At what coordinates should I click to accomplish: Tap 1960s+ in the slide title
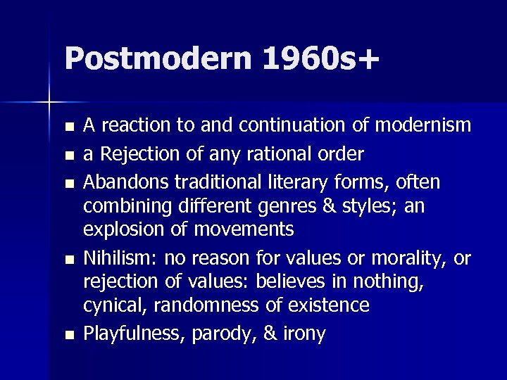(320, 58)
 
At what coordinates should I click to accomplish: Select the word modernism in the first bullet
(423, 125)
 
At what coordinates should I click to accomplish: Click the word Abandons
(124, 182)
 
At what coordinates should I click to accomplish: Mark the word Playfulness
(130, 334)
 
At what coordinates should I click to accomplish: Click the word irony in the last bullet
(303, 334)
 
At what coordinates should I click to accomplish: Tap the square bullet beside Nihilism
(68, 260)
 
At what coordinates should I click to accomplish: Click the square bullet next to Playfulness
(68, 335)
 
